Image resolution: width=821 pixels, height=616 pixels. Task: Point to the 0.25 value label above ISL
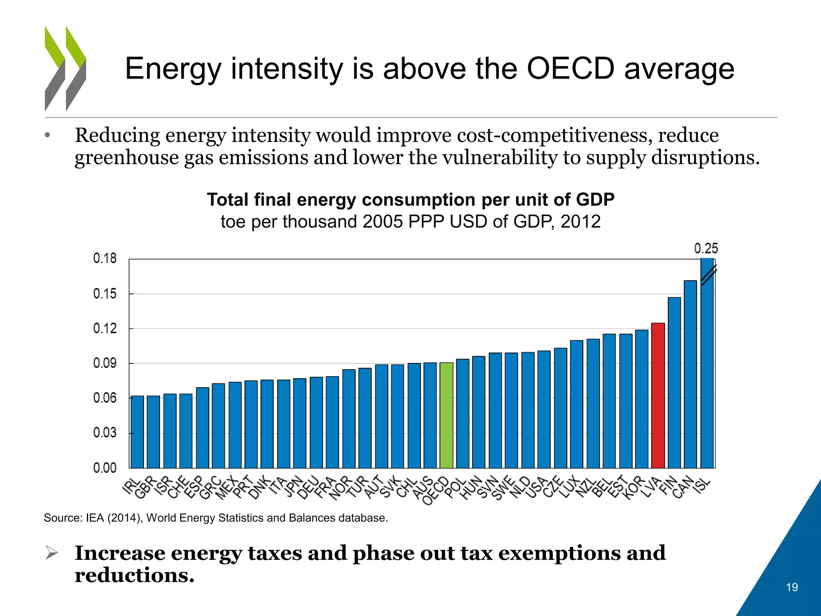706,249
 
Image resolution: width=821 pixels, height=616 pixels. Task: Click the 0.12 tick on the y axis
105,329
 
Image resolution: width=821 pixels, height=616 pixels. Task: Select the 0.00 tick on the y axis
105,468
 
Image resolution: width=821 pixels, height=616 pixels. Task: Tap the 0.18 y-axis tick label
105,259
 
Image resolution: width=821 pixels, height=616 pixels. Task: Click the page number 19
792,587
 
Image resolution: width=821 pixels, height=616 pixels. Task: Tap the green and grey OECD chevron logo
65,68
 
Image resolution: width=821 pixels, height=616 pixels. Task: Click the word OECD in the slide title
570,69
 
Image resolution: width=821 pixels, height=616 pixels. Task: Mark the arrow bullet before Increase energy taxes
52,553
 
